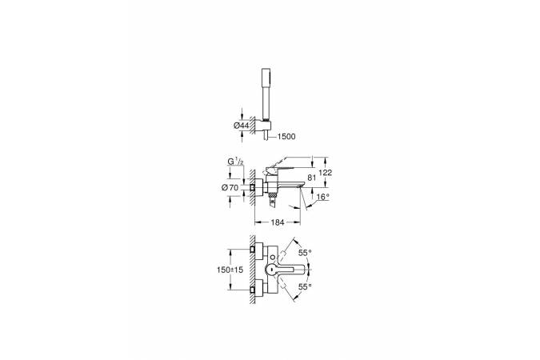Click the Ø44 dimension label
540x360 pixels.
pos(241,126)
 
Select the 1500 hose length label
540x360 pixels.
pos(286,137)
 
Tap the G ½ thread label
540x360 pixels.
pos(235,162)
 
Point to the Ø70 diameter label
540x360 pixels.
pos(230,188)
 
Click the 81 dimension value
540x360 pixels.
pos(312,178)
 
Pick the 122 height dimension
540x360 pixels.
pos(326,173)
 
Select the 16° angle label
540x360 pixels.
pos(322,197)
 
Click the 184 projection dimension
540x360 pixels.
pos(278,222)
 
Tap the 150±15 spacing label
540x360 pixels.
pos(230,270)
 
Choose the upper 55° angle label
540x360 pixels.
pos(305,253)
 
